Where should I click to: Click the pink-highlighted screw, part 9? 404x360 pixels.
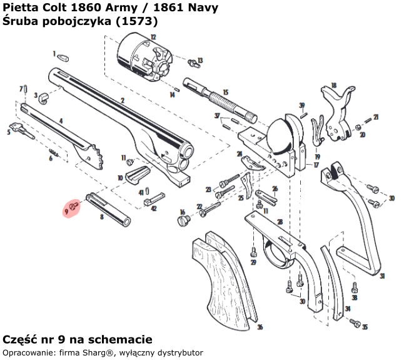(74, 205)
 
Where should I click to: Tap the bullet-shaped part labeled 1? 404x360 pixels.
(63, 58)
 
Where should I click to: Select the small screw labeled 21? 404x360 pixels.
(366, 120)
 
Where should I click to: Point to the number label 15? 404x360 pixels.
(226, 92)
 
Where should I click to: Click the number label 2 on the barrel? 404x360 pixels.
(123, 100)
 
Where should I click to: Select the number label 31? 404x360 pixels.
(382, 276)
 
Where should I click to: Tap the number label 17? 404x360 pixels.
(317, 165)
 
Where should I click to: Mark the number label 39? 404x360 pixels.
(302, 105)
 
